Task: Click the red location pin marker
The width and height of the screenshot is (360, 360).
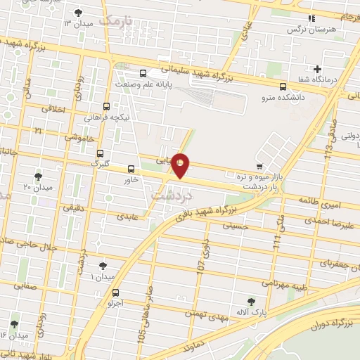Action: [x=181, y=165]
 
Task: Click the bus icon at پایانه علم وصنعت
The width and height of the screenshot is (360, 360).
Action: [x=143, y=73]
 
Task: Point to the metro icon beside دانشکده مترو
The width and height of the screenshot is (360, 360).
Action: [x=283, y=87]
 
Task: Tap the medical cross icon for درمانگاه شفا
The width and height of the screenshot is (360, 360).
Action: [x=318, y=69]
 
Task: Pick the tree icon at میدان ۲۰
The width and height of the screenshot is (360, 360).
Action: [x=38, y=176]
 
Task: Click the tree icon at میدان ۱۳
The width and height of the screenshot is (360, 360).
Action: [x=78, y=12]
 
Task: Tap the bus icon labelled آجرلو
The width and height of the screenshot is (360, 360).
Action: [x=116, y=294]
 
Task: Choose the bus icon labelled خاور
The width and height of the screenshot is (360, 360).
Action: [x=131, y=168]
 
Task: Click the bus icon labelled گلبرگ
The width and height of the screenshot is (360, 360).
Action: [x=100, y=153]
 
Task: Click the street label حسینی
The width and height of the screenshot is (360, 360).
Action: [x=235, y=226]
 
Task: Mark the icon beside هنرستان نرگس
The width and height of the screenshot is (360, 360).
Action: [x=311, y=19]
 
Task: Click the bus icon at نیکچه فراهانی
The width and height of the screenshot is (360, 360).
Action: [x=106, y=102]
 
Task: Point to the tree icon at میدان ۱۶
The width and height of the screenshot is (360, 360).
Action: [x=14, y=324]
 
